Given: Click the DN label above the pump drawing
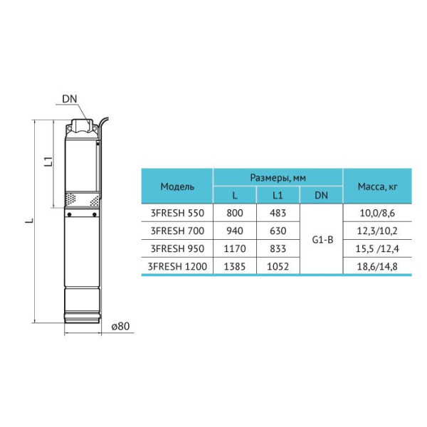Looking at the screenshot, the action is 70,99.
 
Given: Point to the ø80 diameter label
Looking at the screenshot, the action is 121,326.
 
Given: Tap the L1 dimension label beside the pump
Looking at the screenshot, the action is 48,162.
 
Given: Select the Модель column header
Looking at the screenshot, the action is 177,186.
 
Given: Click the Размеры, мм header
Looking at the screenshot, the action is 278,178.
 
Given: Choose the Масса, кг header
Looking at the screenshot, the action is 377,186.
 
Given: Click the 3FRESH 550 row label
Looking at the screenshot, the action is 177,213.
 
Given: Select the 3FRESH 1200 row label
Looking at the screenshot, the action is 177,266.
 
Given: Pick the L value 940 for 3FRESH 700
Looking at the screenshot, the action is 235,231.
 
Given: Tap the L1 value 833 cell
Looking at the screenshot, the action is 278,248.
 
